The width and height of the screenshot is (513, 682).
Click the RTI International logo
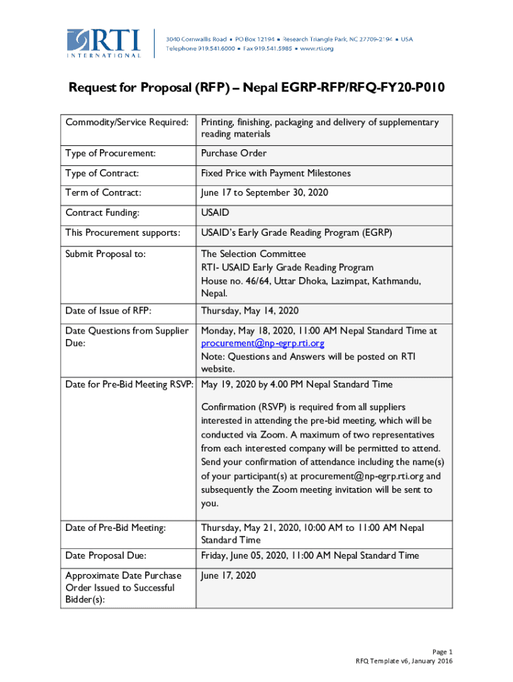pyautogui.click(x=104, y=43)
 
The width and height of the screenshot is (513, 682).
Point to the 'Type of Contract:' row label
pyautogui.click(x=102, y=174)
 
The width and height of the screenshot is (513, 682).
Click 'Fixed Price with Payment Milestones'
pyautogui.click(x=276, y=174)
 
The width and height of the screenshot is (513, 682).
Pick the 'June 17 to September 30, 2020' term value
pyautogui.click(x=264, y=193)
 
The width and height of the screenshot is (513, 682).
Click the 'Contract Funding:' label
pyautogui.click(x=102, y=213)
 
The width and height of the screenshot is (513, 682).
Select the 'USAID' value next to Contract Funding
pyautogui.click(x=216, y=213)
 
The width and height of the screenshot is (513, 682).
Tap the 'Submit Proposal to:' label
pyautogui.click(x=105, y=254)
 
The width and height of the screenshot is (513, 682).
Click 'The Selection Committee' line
pyautogui.click(x=254, y=254)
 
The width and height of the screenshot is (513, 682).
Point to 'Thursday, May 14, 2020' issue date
pyautogui.click(x=250, y=311)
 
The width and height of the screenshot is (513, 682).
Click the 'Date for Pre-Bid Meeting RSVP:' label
pyautogui.click(x=129, y=384)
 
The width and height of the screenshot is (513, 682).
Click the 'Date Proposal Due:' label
pyautogui.click(x=106, y=555)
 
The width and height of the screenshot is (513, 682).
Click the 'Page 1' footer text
pyautogui.click(x=442, y=651)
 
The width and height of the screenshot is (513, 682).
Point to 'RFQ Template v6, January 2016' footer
pyautogui.click(x=404, y=661)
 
